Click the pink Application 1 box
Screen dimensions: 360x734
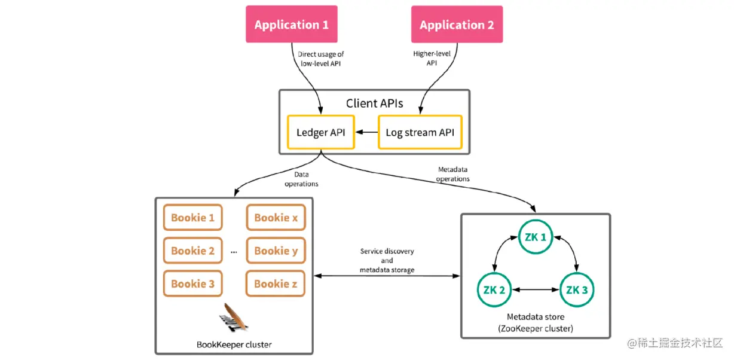(x=292, y=25)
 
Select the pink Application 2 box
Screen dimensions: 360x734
(x=457, y=25)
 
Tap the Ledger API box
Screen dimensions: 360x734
(x=320, y=132)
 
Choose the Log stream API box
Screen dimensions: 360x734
(x=420, y=132)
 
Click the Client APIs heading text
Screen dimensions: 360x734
(x=374, y=103)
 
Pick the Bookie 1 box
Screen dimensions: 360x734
(x=192, y=218)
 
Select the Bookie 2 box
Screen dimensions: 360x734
(x=192, y=251)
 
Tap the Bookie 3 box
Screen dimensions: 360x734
(x=192, y=283)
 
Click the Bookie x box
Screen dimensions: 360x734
(x=276, y=218)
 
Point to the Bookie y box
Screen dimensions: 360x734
(x=276, y=251)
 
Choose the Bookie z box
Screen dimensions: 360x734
(x=276, y=283)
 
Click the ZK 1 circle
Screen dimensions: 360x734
(x=535, y=237)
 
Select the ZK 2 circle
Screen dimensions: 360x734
(x=494, y=290)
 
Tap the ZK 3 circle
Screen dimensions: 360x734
(x=577, y=290)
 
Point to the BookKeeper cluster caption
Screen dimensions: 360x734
(x=234, y=344)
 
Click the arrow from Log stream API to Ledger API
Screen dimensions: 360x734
(x=366, y=132)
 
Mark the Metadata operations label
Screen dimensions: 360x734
(x=452, y=174)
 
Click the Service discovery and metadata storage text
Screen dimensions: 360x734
(x=387, y=261)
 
